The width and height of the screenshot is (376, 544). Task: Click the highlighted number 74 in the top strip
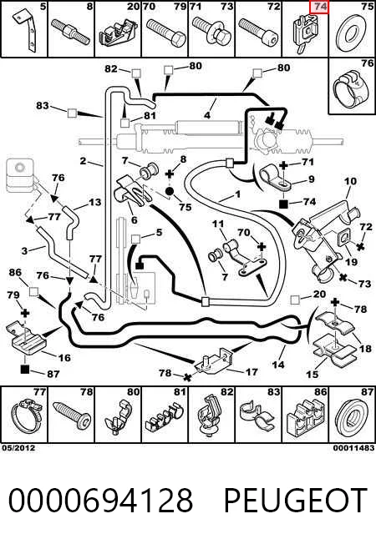(x=318, y=7)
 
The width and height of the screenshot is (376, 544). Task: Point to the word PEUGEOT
(x=296, y=500)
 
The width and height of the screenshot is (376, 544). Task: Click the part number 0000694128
(x=100, y=500)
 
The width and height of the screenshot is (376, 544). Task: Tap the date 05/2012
(x=18, y=448)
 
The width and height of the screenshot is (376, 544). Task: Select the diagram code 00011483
(x=353, y=448)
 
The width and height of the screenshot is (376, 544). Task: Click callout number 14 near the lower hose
(x=278, y=364)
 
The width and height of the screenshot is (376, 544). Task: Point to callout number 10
(x=351, y=181)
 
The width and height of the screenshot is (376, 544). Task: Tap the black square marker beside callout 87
(x=25, y=370)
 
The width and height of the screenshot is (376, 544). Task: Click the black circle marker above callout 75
(x=170, y=191)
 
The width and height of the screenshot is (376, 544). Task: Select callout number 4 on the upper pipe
(x=207, y=114)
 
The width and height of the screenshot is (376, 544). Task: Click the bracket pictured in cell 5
(x=25, y=32)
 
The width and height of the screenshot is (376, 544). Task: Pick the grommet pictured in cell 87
(x=352, y=417)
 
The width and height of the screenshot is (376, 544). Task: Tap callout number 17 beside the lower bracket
(x=252, y=372)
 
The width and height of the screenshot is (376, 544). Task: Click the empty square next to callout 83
(x=72, y=113)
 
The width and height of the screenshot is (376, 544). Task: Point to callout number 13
(x=95, y=202)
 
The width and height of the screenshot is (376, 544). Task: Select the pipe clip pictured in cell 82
(x=210, y=416)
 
